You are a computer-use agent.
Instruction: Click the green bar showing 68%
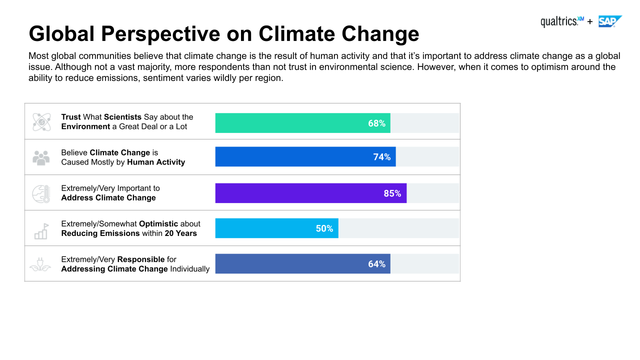point(302,122)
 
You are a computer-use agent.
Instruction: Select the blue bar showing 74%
point(305,157)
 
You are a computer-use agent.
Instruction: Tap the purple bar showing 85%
point(310,193)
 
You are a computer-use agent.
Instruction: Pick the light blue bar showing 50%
point(276,228)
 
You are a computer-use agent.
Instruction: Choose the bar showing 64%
point(302,264)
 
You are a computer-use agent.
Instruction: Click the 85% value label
point(392,193)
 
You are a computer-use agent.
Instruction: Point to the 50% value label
point(324,228)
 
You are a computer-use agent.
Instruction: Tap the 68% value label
point(376,122)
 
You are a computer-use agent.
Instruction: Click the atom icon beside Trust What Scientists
point(42,122)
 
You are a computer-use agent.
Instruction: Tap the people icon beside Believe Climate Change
point(42,157)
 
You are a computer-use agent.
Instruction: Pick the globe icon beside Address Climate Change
point(42,193)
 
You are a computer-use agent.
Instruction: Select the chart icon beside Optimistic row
point(42,229)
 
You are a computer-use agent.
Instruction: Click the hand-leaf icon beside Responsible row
point(42,264)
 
